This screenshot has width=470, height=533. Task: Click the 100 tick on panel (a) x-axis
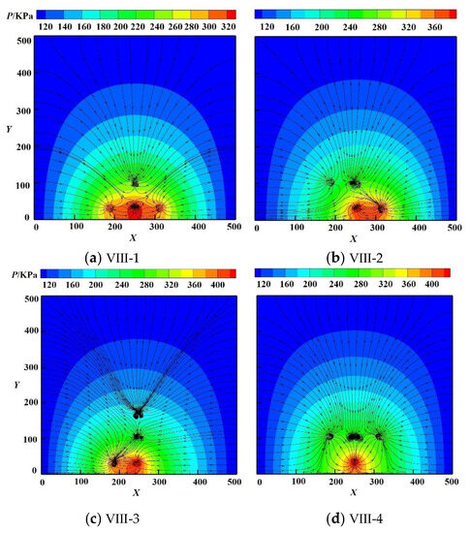click(x=77, y=226)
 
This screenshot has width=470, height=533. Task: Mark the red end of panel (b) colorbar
click(x=451, y=15)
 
